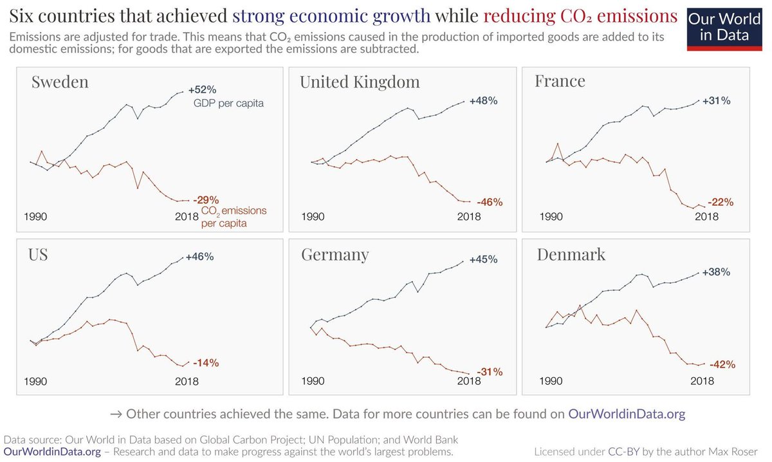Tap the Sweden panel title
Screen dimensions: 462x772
pos(60,82)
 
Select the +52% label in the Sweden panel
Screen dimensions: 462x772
pos(202,89)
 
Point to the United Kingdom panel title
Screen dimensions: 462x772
pos(360,82)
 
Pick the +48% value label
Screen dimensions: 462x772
pos(483,101)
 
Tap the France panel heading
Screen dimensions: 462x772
pos(560,81)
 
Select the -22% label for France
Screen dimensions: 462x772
pos(720,202)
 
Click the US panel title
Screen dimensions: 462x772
pos(39,254)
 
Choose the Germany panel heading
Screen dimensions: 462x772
pos(335,255)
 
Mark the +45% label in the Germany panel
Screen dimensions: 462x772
pos(483,260)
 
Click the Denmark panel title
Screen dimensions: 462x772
pos(571,254)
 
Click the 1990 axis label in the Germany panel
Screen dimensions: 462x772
pos(313,381)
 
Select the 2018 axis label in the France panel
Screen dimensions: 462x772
pos(706,217)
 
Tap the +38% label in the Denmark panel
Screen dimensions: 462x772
pos(717,272)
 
